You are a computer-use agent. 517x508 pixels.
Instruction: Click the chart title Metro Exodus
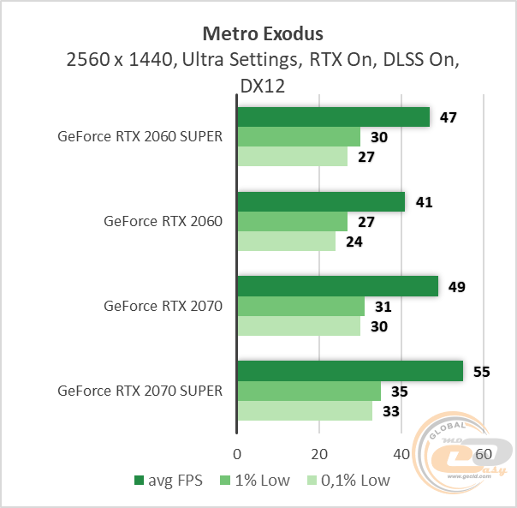(x=262, y=34)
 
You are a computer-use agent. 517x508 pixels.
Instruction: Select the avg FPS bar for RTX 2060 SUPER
(x=333, y=117)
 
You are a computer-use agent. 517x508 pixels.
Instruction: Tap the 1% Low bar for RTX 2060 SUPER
(x=299, y=137)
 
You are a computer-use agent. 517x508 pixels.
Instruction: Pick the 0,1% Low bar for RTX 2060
(x=286, y=242)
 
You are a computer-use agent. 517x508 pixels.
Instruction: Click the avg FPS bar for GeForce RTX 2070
(x=337, y=285)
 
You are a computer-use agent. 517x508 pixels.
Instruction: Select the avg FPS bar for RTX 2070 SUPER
(x=349, y=370)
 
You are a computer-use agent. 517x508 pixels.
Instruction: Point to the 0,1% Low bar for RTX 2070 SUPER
(x=304, y=411)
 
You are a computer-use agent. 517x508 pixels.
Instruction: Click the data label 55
(x=483, y=371)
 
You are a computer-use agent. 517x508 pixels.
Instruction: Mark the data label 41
(x=425, y=202)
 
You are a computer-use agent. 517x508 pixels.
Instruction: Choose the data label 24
(x=354, y=242)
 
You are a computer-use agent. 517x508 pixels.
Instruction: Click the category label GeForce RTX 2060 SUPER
(x=140, y=136)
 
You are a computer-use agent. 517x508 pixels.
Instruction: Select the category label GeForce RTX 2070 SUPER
(x=140, y=391)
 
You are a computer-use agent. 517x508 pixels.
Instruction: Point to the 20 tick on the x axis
(x=319, y=452)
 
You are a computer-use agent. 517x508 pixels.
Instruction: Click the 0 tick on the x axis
(x=237, y=452)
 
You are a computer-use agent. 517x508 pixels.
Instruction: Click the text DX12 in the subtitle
(x=262, y=86)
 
